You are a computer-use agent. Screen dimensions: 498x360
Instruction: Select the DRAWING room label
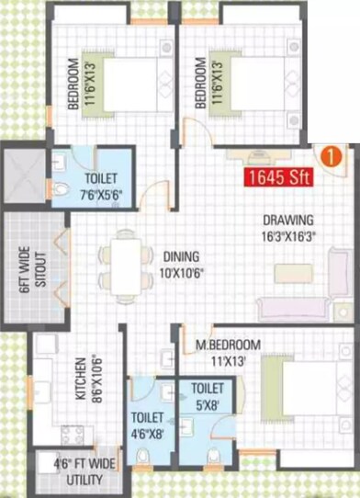tap(288, 221)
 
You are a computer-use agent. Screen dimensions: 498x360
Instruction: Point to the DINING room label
tap(182, 258)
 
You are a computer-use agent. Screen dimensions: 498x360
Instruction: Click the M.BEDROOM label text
tap(221, 345)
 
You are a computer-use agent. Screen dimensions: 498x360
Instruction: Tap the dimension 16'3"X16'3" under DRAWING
tap(288, 235)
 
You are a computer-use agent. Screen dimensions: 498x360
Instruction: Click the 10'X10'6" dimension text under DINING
tap(182, 272)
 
